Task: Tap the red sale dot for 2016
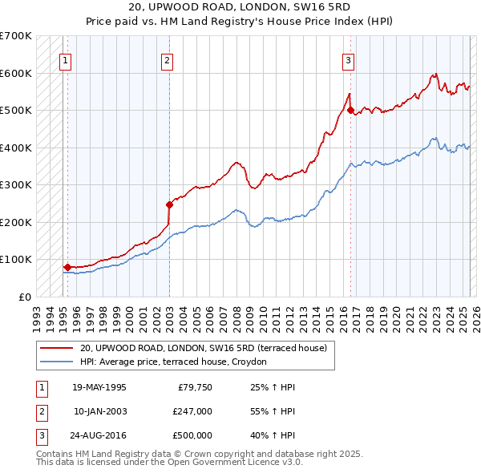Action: [x=351, y=111]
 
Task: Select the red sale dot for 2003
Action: [x=170, y=204]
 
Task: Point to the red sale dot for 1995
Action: [x=67, y=267]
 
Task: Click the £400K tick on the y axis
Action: [x=16, y=148]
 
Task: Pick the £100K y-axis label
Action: [x=16, y=260]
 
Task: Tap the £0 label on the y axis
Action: [x=24, y=297]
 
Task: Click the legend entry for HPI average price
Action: [x=179, y=362]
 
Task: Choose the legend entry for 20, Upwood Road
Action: [x=203, y=348]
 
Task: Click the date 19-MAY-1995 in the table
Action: [x=99, y=387]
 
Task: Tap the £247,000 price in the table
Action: [x=192, y=411]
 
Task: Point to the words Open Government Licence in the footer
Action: [x=224, y=463]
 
